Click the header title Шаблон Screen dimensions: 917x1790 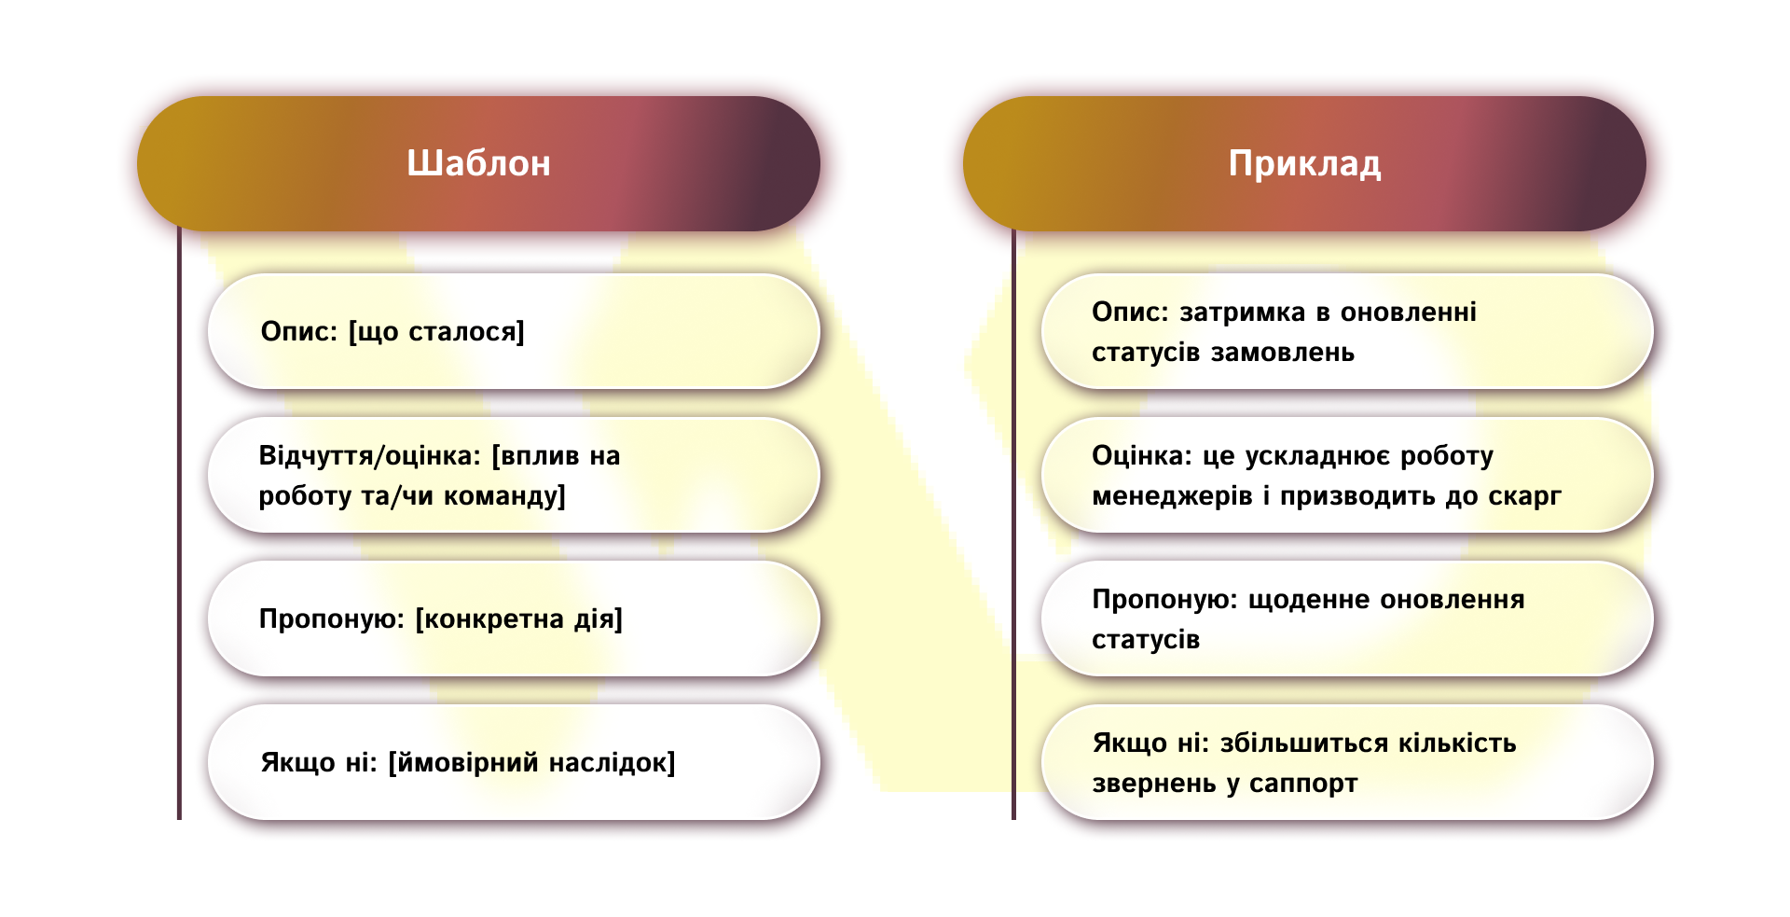pos(478,164)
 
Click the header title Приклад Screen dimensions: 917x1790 pos(1304,164)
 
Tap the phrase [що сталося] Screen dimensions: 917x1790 pos(436,332)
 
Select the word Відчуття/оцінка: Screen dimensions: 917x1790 pos(369,456)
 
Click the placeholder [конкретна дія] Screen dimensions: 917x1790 pos(518,619)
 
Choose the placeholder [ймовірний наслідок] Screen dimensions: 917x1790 pos(531,763)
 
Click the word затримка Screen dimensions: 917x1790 pos(1242,313)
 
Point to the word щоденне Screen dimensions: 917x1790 pos(1309,600)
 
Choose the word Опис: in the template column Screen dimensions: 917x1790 pos(298,332)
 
